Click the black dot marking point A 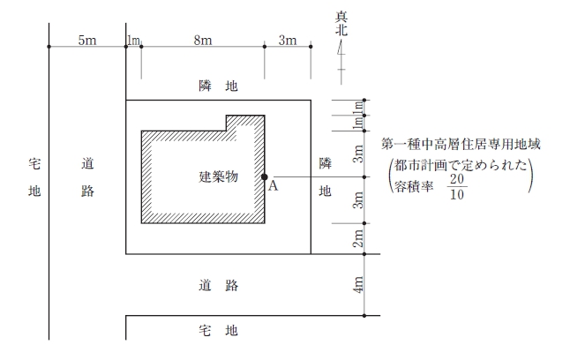click(265, 177)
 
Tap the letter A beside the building click(273, 186)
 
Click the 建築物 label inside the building click(219, 176)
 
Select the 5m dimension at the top click(87, 40)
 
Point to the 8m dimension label click(203, 40)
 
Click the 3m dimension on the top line click(288, 40)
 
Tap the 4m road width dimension click(358, 285)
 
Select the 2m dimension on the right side click(358, 238)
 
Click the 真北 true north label click(341, 24)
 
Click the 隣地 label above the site click(218, 86)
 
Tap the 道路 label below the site click(219, 286)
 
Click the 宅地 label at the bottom click(218, 331)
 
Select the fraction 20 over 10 click(457, 187)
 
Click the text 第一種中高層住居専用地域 click(461, 145)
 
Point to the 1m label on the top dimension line click(133, 40)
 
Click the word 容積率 click(414, 186)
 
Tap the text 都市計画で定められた click(461, 166)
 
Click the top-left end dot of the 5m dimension click(49, 47)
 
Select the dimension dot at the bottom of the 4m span click(364, 316)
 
